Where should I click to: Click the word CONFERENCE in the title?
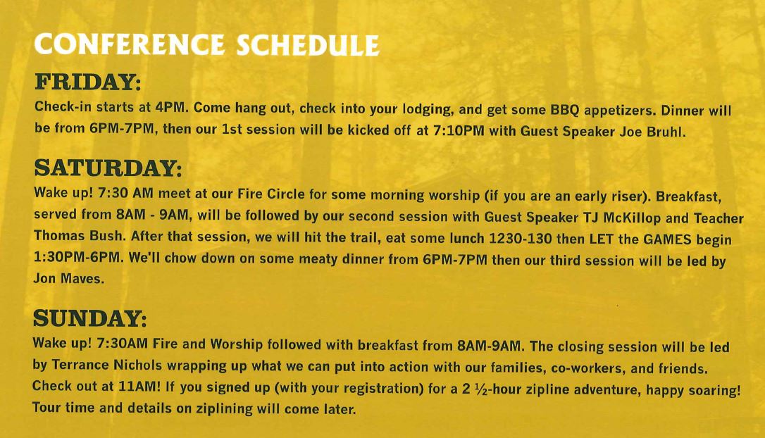point(130,44)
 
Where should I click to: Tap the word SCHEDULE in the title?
point(308,46)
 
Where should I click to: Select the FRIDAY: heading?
point(88,82)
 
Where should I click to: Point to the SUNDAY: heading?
point(89,318)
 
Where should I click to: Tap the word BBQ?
point(564,111)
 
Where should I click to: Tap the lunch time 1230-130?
point(520,239)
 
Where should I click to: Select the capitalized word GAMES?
point(667,239)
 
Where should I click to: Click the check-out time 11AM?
point(140,387)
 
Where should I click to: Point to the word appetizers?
point(620,111)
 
